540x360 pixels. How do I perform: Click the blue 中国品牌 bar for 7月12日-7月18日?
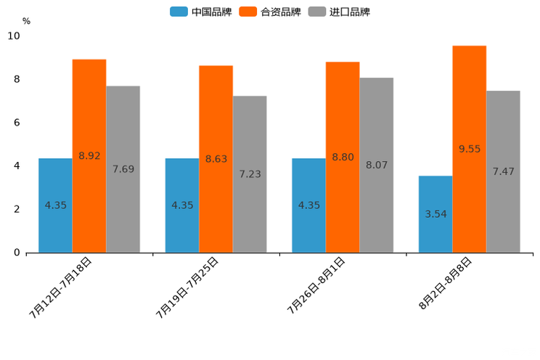(x=55, y=205)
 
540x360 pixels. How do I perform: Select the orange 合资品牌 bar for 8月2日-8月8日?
(x=469, y=149)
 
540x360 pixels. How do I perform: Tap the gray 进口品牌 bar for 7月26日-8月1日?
(x=376, y=165)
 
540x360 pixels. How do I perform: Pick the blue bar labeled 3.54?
(x=435, y=214)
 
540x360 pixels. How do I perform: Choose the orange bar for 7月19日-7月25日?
(x=216, y=159)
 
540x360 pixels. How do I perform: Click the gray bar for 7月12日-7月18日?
(x=123, y=169)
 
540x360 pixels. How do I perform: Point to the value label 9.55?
(x=470, y=149)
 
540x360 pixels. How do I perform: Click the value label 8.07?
(x=377, y=165)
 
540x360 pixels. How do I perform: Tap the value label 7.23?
(x=250, y=174)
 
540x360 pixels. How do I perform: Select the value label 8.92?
(x=89, y=155)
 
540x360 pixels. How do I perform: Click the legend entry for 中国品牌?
(x=201, y=12)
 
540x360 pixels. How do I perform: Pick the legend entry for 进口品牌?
(x=339, y=12)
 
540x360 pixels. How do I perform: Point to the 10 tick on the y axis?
(x=14, y=36)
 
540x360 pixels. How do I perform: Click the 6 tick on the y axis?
(x=17, y=123)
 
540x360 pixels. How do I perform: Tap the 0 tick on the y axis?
(x=17, y=253)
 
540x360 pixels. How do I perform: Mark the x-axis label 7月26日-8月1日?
(x=316, y=286)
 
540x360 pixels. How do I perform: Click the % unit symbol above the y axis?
(x=26, y=21)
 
